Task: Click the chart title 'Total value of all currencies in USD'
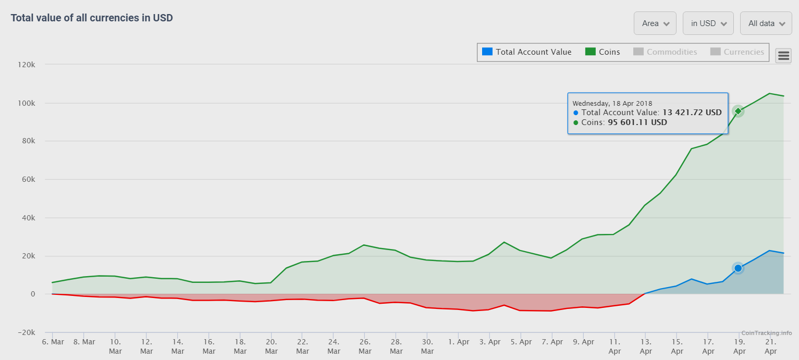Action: pos(92,18)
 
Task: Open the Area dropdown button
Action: pos(655,23)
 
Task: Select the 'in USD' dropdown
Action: pos(708,23)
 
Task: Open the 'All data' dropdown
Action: pos(766,23)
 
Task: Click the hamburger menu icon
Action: pos(783,56)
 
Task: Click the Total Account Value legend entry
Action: pos(527,52)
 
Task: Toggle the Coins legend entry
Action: pos(603,52)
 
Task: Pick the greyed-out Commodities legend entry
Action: pos(666,52)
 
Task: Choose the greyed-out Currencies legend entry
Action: pos(737,52)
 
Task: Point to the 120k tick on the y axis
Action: pos(25,65)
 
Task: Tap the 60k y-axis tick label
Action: pos(27,179)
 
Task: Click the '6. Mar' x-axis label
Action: pos(53,342)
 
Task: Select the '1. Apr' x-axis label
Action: pos(458,342)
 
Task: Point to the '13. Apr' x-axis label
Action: pos(645,346)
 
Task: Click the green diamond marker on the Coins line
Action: pos(738,111)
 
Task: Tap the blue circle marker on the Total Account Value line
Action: pos(738,268)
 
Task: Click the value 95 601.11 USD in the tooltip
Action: pos(637,122)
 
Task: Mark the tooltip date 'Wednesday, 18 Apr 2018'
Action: pos(612,103)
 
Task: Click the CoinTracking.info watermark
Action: pos(766,333)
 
